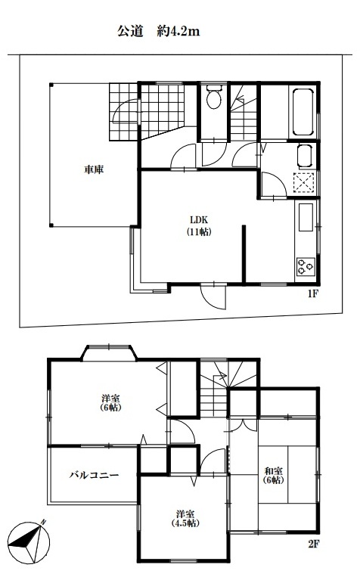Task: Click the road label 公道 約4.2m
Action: click(x=159, y=31)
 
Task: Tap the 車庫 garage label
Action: click(x=94, y=169)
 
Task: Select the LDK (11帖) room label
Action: click(x=199, y=225)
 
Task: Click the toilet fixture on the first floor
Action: click(x=213, y=96)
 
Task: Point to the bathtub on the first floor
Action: click(x=303, y=112)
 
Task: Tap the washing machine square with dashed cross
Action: click(x=304, y=182)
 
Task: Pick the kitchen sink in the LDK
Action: click(x=306, y=217)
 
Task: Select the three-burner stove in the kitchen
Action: click(x=306, y=267)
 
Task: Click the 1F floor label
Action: click(x=312, y=294)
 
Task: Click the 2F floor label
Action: click(x=313, y=544)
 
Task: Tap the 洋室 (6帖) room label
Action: click(x=110, y=402)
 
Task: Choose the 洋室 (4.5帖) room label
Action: click(x=185, y=519)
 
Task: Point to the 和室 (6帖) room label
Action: click(x=274, y=475)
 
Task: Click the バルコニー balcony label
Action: click(x=95, y=475)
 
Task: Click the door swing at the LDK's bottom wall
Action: click(x=213, y=297)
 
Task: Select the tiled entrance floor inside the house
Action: click(x=161, y=110)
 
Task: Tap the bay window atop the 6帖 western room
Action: click(x=109, y=352)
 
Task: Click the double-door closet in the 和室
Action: click(x=243, y=424)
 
